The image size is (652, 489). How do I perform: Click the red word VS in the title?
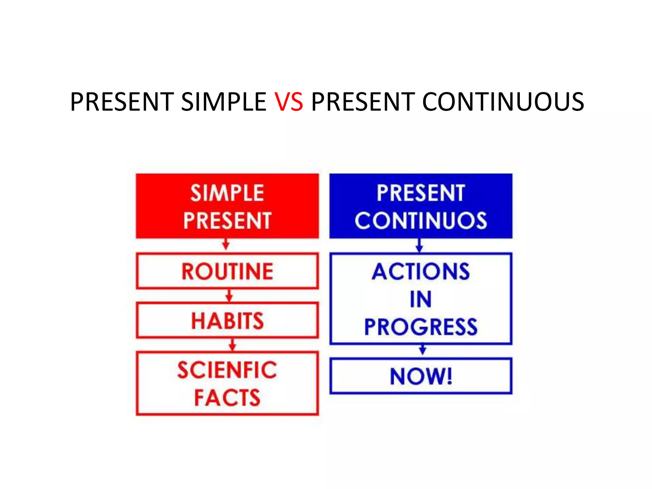(289, 102)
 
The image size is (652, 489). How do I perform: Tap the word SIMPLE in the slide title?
(224, 102)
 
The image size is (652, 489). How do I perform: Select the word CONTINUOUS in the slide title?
(503, 102)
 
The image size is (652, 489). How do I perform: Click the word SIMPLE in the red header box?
(227, 193)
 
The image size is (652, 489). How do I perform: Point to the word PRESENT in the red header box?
(227, 221)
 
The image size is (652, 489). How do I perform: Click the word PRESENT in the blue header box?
(421, 193)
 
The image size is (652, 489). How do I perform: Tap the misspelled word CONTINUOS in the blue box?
(421, 221)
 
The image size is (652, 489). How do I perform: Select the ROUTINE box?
(227, 271)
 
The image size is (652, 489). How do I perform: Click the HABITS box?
(227, 320)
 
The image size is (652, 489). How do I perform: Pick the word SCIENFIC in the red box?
(227, 370)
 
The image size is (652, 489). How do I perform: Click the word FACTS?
(227, 398)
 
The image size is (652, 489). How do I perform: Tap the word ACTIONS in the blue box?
(421, 272)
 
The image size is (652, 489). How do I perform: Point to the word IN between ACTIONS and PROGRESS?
(421, 299)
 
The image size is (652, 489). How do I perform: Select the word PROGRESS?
(421, 327)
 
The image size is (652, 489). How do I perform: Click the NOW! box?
(421, 376)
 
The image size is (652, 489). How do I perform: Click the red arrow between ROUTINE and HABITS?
(229, 295)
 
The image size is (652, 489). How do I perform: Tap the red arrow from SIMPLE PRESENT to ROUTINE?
(226, 245)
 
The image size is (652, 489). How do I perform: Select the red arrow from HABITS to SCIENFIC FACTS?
(233, 345)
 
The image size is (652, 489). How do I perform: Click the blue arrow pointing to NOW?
(422, 350)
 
